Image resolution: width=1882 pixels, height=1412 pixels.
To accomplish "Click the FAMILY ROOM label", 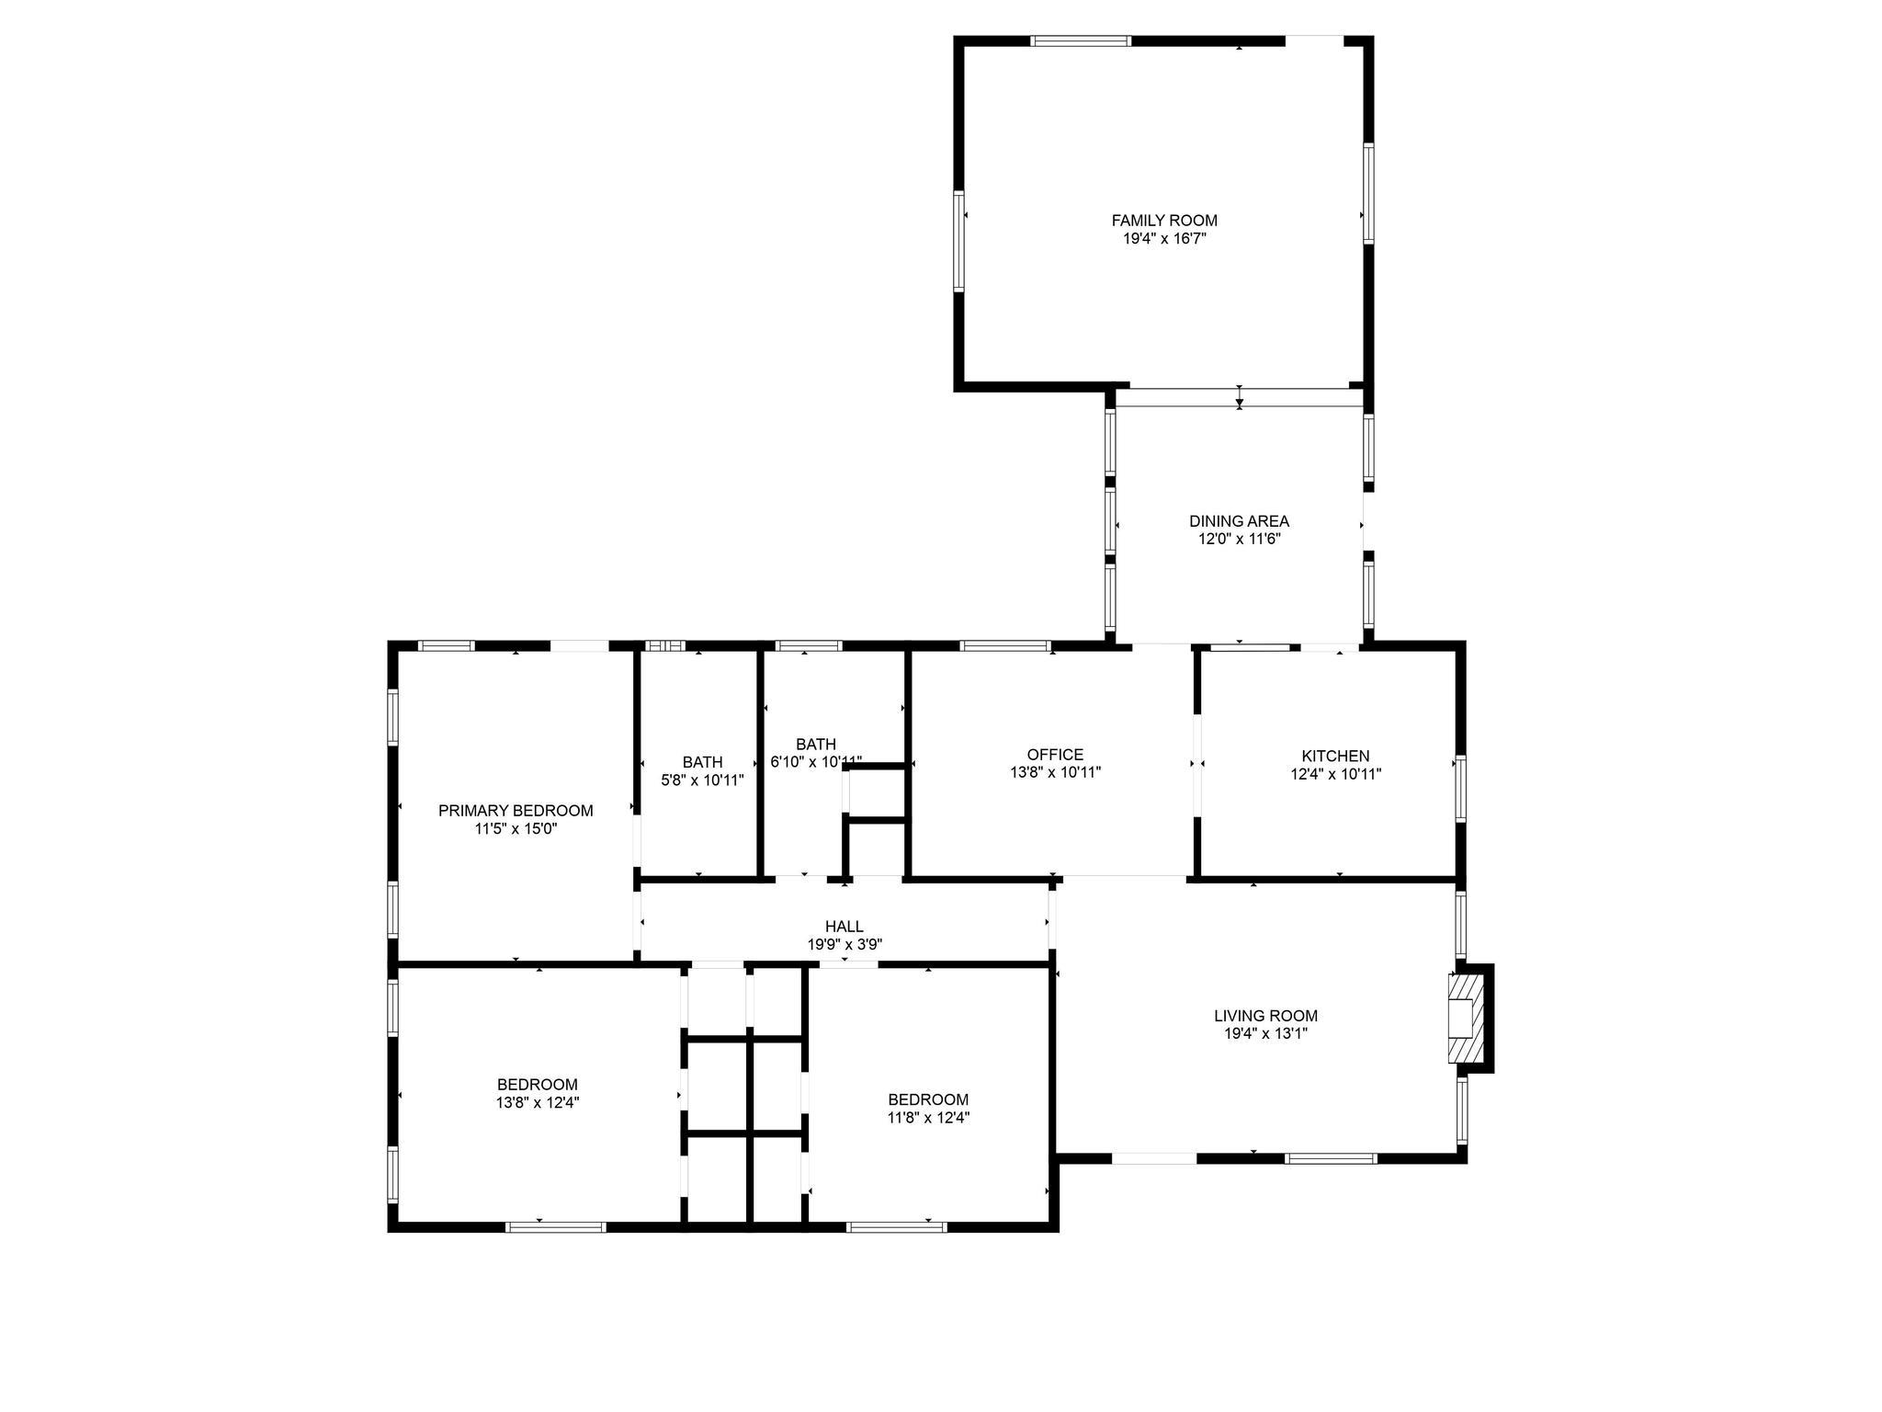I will (x=1164, y=221).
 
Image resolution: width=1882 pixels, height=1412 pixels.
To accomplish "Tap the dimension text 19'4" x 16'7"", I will (x=1164, y=239).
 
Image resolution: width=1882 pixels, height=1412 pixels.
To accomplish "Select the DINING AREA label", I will (x=1239, y=521).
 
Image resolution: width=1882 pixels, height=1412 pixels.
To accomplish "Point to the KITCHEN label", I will (x=1335, y=757).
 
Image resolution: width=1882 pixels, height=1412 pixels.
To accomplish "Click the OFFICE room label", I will (x=1055, y=756).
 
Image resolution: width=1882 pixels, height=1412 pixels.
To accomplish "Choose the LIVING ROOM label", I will (x=1265, y=1016).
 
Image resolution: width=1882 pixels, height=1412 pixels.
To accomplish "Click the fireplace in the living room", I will (x=1465, y=1018).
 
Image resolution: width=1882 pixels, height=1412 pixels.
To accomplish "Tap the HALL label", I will (x=844, y=927).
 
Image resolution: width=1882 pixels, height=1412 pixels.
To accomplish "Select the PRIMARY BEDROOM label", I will (x=516, y=811).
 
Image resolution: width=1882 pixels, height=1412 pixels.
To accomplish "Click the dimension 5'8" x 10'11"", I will (x=702, y=780).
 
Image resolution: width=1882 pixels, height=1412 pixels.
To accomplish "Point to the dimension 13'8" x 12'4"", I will (x=538, y=1102).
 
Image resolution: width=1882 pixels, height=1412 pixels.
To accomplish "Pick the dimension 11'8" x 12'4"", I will (x=928, y=1118).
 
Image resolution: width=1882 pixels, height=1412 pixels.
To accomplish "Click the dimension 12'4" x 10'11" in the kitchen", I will (x=1335, y=774).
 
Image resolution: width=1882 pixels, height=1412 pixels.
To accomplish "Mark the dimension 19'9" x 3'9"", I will (x=845, y=944).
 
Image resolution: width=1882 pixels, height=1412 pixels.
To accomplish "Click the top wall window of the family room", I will (x=1080, y=41).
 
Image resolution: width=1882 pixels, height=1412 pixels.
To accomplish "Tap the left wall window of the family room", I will (x=958, y=241).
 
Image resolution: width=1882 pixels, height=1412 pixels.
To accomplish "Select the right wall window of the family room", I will (x=1368, y=193).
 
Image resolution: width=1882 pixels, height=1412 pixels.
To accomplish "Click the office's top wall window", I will (x=1004, y=645).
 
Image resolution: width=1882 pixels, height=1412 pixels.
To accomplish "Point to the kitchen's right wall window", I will (x=1460, y=788).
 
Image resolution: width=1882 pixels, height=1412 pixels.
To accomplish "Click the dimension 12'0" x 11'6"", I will (x=1239, y=539).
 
